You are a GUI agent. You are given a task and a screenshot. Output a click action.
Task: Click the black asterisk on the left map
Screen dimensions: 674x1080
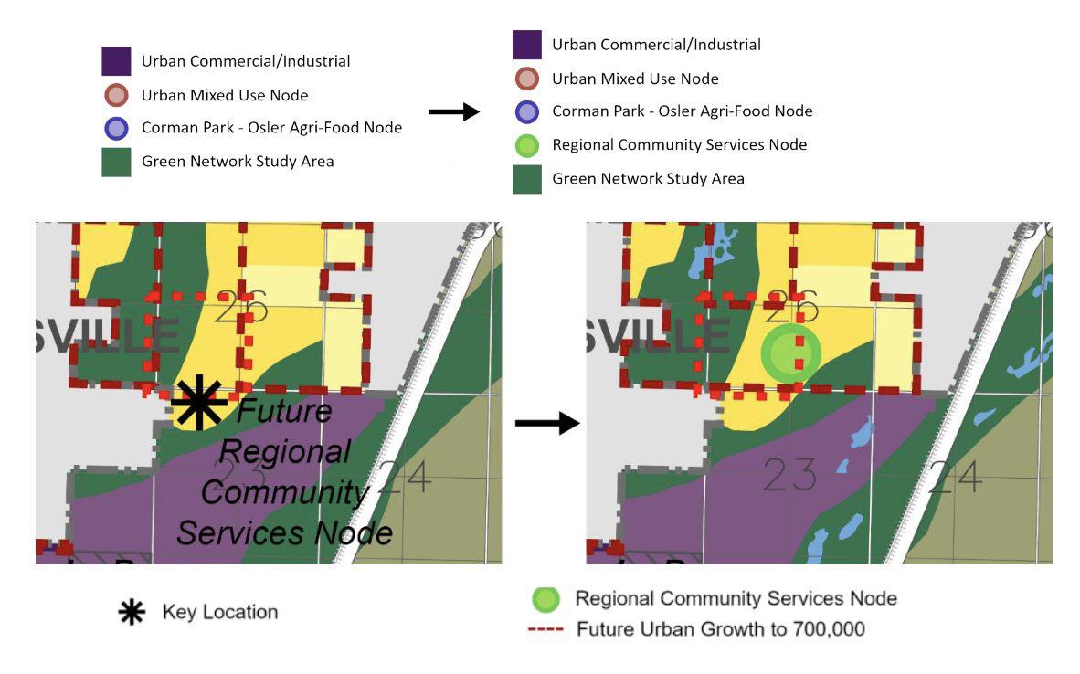point(199,403)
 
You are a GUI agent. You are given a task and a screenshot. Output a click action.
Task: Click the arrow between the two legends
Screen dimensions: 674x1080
point(454,111)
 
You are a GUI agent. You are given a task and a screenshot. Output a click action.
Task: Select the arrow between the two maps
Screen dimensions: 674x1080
point(547,423)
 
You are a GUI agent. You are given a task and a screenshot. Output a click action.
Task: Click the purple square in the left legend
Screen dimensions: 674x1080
point(116,61)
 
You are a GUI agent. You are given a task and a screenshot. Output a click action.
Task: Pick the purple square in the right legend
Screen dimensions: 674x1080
point(527,44)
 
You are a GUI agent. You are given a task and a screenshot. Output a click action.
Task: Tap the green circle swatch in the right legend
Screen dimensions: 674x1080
point(527,144)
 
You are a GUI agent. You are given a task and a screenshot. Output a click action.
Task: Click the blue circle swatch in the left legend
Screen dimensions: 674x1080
point(116,128)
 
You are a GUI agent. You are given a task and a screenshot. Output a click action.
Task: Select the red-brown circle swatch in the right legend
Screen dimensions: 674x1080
point(527,79)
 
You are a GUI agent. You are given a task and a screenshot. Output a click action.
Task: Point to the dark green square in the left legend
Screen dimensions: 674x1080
point(116,162)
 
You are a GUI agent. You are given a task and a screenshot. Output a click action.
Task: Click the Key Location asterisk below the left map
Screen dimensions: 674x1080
point(132,612)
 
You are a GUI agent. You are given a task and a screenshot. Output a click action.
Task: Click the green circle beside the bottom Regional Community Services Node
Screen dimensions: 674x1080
point(545,599)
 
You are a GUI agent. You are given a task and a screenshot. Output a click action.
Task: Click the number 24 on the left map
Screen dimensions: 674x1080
point(404,476)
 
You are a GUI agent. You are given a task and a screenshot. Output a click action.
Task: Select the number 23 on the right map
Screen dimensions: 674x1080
point(789,476)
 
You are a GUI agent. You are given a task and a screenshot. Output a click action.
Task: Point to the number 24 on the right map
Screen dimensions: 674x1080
point(955,476)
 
